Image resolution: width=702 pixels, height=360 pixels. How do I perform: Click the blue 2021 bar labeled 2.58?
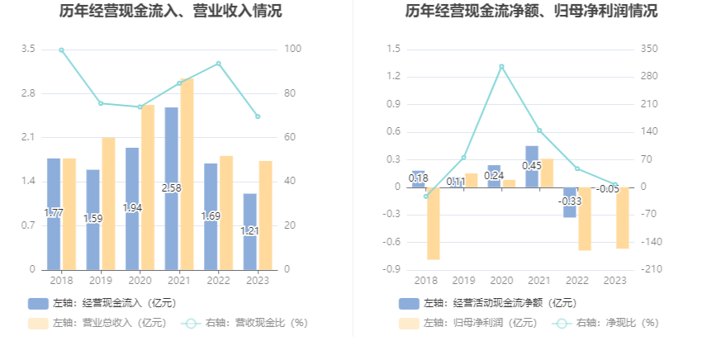(x=172, y=188)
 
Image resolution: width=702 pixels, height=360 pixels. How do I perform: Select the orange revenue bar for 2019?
(x=108, y=204)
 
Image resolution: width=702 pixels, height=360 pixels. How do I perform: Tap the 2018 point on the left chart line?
(x=61, y=50)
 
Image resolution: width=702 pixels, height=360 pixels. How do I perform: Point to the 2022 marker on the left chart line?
(x=219, y=64)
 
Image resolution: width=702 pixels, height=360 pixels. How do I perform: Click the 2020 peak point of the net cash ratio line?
(x=501, y=67)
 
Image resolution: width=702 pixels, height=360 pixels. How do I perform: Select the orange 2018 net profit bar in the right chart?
(x=433, y=224)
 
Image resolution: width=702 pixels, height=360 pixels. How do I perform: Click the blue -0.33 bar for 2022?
(x=570, y=202)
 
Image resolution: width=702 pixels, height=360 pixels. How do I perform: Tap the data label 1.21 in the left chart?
(x=249, y=231)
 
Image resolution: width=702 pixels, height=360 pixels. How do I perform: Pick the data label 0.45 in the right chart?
(x=532, y=166)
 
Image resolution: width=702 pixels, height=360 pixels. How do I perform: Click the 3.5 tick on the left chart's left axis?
(x=28, y=49)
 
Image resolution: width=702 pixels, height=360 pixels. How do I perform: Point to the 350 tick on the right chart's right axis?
(x=649, y=49)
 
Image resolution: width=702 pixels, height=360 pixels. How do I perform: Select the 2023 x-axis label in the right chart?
(x=614, y=281)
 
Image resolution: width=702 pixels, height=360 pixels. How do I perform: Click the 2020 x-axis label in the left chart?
(x=140, y=281)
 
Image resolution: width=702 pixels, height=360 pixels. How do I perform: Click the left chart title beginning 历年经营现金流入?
(x=171, y=11)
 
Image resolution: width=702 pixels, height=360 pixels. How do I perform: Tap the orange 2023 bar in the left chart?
(x=265, y=216)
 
